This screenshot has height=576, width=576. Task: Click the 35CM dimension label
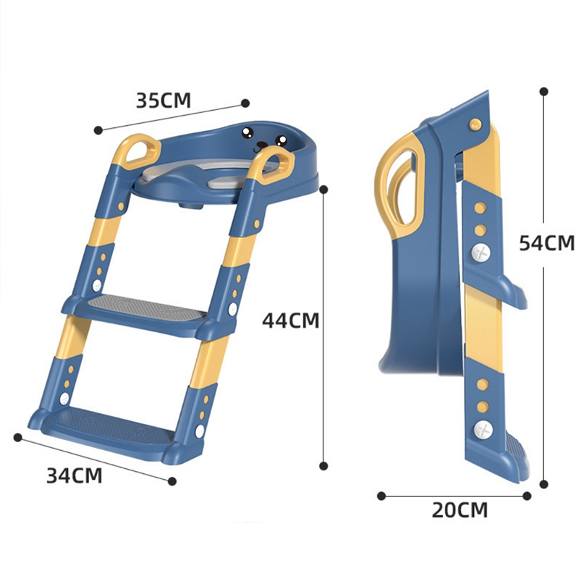coord(164,101)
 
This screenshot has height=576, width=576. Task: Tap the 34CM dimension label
coord(75,475)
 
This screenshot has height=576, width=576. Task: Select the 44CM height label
coord(291,320)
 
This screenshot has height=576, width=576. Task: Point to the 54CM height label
coord(546,243)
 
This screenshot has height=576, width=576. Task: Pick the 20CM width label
coord(459,510)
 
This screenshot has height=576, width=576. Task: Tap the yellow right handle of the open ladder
coord(273,164)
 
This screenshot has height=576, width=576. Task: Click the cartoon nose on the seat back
coord(261,145)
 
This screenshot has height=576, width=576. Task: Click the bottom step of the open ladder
coord(106,431)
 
